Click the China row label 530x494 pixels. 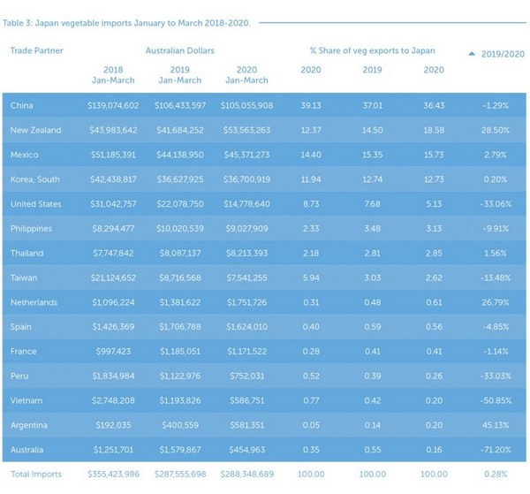[22, 105]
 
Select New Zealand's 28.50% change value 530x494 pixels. [494, 130]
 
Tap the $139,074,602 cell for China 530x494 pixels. [113, 105]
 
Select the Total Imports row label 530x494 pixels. [36, 475]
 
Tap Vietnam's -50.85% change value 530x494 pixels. [492, 401]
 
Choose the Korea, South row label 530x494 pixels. [35, 179]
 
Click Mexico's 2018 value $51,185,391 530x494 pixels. [113, 155]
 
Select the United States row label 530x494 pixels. [35, 204]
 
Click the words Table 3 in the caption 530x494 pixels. [20, 23]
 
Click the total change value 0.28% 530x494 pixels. [495, 475]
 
